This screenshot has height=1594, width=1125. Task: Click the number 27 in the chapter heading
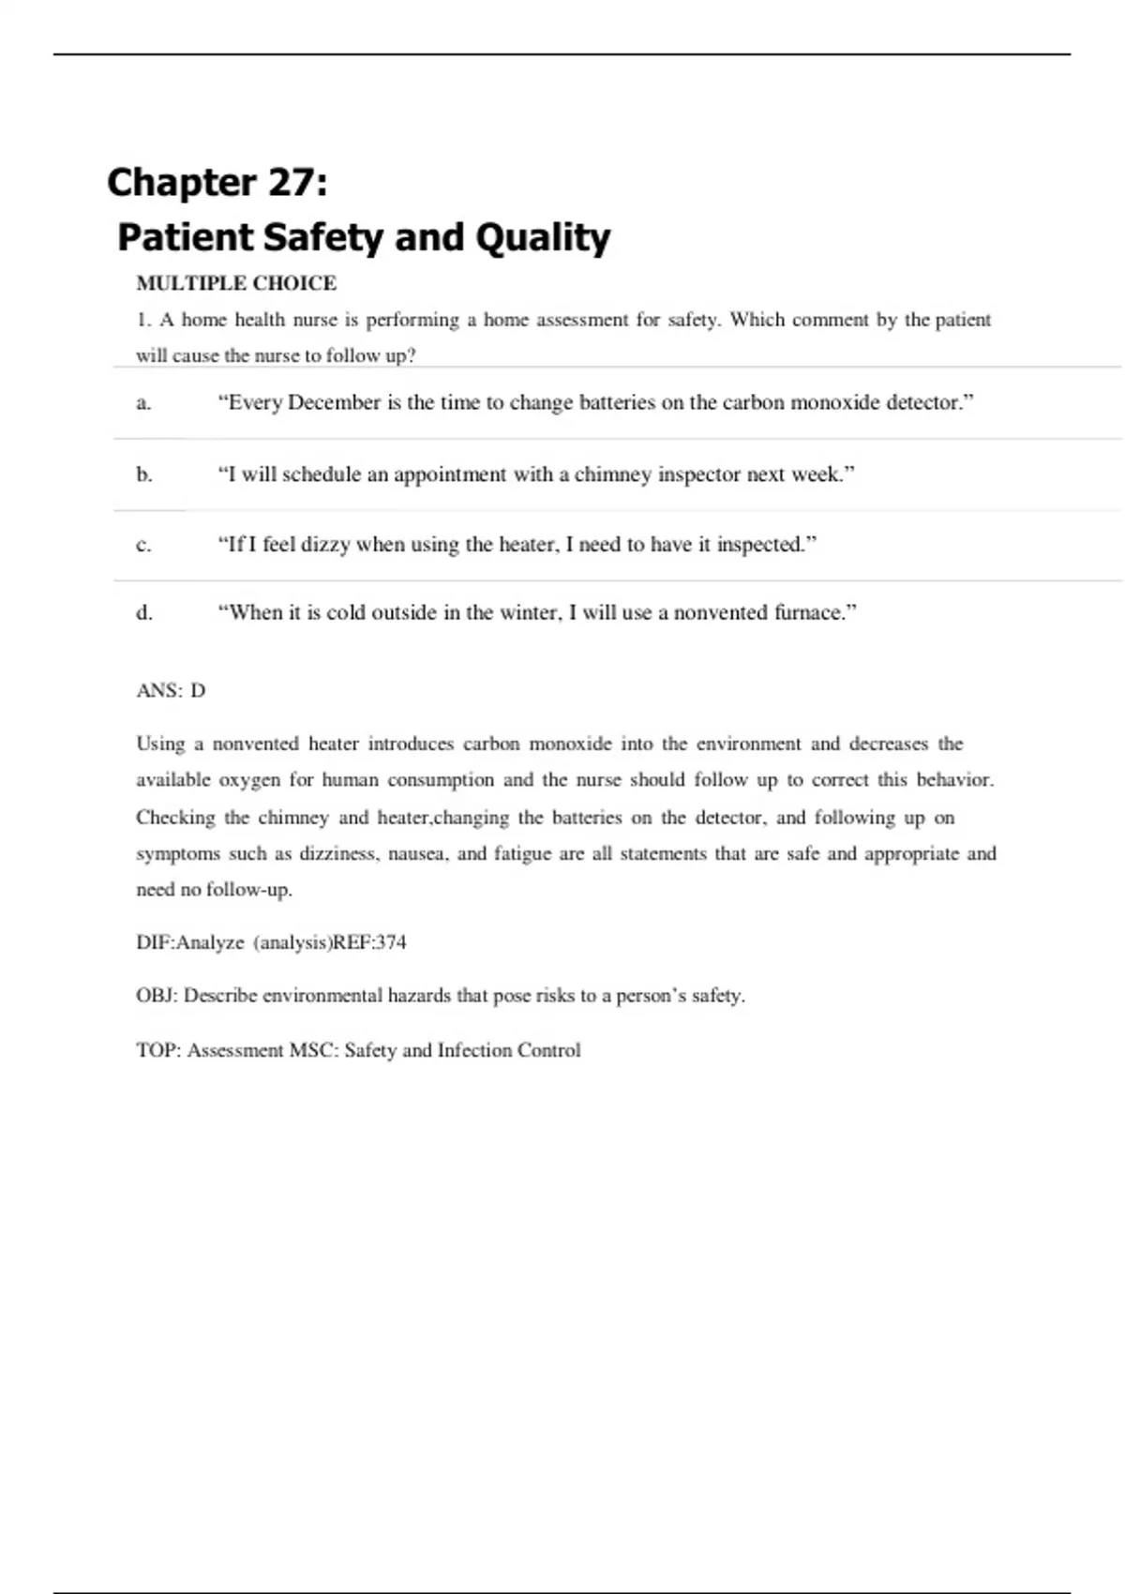click(x=292, y=182)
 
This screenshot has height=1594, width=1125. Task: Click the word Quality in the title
click(x=543, y=238)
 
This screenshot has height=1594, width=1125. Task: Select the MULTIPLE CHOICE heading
click(x=236, y=283)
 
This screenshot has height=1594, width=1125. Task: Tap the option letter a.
click(x=143, y=403)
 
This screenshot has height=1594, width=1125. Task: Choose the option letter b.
click(x=144, y=474)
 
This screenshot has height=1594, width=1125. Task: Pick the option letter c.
click(x=143, y=545)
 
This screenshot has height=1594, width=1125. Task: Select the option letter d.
click(x=144, y=613)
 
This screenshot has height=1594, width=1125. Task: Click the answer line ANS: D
click(x=171, y=691)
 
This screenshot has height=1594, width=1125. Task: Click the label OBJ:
click(x=156, y=996)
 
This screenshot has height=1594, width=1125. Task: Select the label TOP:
click(x=157, y=1050)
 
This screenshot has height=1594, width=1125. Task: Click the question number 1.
click(x=142, y=321)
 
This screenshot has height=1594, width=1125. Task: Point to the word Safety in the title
click(x=324, y=238)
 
